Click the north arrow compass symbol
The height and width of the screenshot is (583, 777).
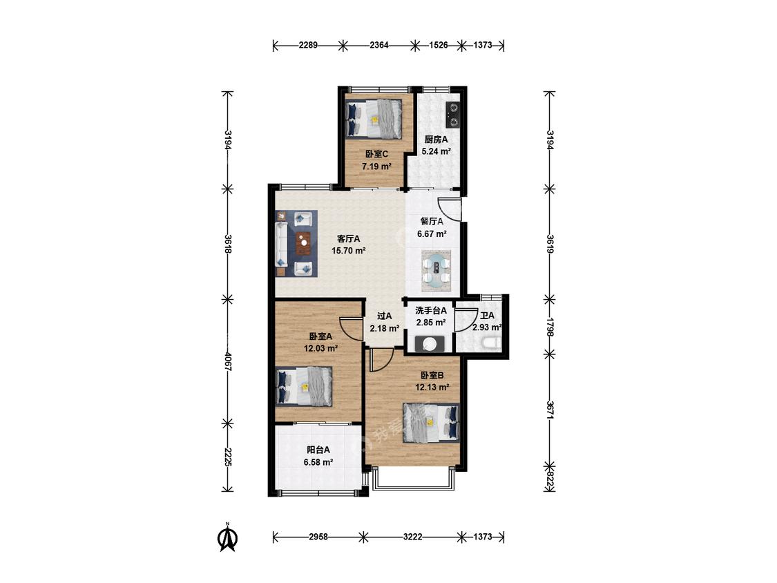point(228,538)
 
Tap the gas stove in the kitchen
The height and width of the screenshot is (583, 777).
point(453,114)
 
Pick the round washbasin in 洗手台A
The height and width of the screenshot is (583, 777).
point(429,344)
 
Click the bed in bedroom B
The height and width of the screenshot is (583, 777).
point(431,422)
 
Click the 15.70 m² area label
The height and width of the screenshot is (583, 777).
point(348,251)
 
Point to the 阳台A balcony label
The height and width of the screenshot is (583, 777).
point(318,450)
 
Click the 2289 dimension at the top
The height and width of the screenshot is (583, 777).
point(308,45)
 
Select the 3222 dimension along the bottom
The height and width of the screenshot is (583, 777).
point(413,537)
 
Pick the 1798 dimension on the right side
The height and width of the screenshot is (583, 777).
point(549,327)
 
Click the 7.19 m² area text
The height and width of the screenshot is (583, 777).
point(376,166)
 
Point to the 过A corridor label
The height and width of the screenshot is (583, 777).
point(385,316)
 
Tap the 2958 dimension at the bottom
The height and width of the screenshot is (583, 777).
point(318,537)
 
